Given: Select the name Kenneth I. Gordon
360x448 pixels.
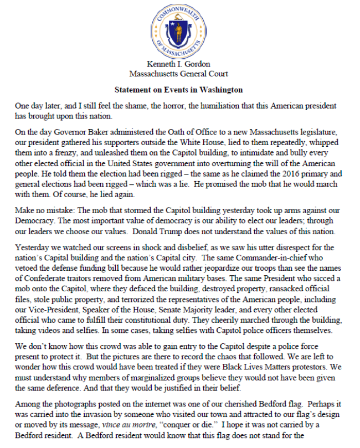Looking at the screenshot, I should click(178, 65).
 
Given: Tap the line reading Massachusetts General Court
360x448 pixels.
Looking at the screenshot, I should click(178, 74).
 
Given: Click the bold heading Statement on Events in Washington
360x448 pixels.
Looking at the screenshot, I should click(178, 89).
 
